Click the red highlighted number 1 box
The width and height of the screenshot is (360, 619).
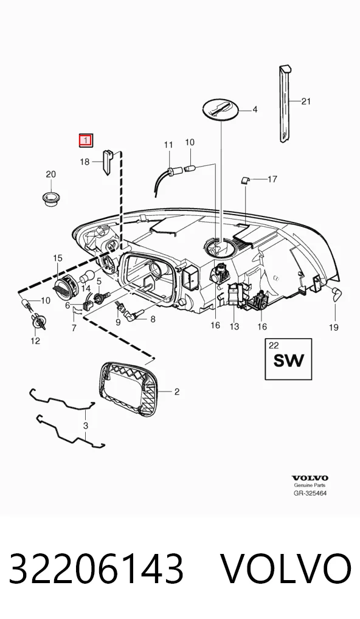pos(86,140)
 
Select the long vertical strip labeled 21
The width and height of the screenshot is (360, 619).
pos(286,103)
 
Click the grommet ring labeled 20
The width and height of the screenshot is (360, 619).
pos(50,199)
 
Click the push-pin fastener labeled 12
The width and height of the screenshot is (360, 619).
pos(39,323)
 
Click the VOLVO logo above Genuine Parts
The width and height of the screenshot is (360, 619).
pos(310,479)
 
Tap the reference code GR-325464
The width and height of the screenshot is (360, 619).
pos(310,493)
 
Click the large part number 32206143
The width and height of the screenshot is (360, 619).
pos(96,569)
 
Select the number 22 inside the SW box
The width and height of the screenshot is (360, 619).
pos(273,346)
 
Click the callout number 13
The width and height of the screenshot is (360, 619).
pos(235,327)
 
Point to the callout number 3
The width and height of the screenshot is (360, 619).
pos(86,426)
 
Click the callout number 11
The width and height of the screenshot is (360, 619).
pos(168,145)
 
